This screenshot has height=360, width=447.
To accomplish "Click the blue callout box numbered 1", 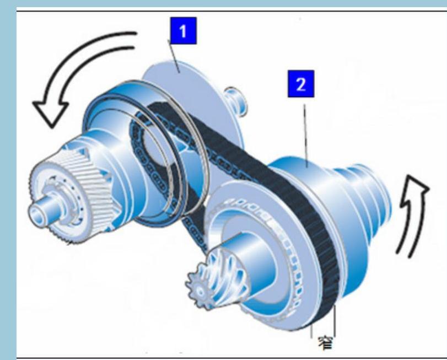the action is pyautogui.click(x=184, y=31).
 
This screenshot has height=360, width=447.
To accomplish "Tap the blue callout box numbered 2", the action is pyautogui.click(x=301, y=84).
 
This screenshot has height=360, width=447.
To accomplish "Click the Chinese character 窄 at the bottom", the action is pyautogui.click(x=325, y=343).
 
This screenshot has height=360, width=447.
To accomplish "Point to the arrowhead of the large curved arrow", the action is pyautogui.click(x=50, y=111).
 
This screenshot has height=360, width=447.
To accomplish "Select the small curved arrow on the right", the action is pyautogui.click(x=412, y=217).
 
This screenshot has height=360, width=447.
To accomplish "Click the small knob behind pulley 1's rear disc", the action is pyautogui.click(x=236, y=101).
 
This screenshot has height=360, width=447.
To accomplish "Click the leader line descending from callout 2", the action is pyautogui.click(x=305, y=136).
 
